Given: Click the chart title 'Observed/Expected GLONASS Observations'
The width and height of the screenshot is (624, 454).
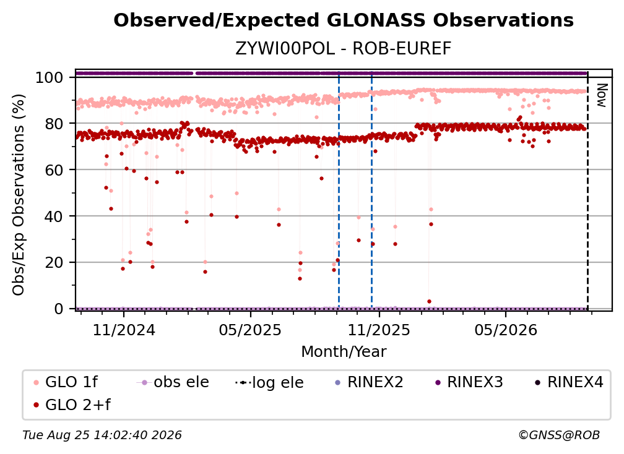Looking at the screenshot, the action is pos(344,20).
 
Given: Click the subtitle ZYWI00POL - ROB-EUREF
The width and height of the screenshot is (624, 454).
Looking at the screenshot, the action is pos(344,48).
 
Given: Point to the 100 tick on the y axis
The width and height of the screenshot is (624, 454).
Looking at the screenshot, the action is pos(50,77).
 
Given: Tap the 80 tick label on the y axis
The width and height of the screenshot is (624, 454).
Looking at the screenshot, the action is pos(54,124).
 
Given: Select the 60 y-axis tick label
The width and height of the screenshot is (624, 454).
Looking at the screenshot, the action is pos(54,170).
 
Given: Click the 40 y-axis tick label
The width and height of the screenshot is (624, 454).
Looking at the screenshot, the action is pos(54,216).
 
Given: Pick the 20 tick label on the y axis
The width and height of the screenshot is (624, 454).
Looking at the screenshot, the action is pos(54,263).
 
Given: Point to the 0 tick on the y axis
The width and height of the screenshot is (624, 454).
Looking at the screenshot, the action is pos(59,309).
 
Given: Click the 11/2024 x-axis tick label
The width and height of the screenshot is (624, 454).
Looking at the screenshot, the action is pos(124,330).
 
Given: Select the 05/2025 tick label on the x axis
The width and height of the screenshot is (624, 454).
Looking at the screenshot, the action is pos(250,330).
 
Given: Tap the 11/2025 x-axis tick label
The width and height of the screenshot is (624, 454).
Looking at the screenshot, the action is pos(379,330).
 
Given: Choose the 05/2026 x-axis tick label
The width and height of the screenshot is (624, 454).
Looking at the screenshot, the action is pos(506,330).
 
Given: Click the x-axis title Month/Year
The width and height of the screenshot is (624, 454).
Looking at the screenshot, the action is pos(344,352).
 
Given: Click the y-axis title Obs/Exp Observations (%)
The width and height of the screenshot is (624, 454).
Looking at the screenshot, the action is pos(19,195).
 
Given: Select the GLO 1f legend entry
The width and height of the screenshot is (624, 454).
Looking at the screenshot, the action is pos(66,382).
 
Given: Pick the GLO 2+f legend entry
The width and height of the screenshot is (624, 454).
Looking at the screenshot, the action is pos(72,405).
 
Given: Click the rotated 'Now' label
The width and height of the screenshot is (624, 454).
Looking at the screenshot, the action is pos(601,95).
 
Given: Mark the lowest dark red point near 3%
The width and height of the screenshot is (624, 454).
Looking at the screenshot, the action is pos(429,302).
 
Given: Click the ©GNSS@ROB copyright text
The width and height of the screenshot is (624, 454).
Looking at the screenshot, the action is pos(559,435).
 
